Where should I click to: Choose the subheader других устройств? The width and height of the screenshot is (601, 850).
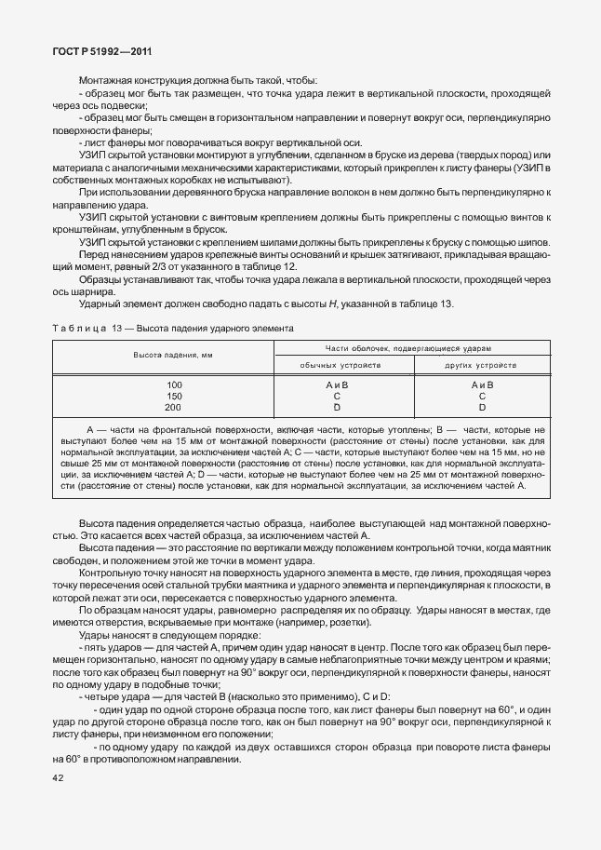482,365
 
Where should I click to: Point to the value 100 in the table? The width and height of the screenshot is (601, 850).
174,385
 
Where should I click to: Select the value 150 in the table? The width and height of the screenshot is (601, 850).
174,396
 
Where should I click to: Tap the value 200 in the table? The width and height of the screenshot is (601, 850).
174,407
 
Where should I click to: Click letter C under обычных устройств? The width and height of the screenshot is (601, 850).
337,396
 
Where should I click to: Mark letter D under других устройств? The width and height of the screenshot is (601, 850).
482,407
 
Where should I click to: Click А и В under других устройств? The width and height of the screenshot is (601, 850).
482,385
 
